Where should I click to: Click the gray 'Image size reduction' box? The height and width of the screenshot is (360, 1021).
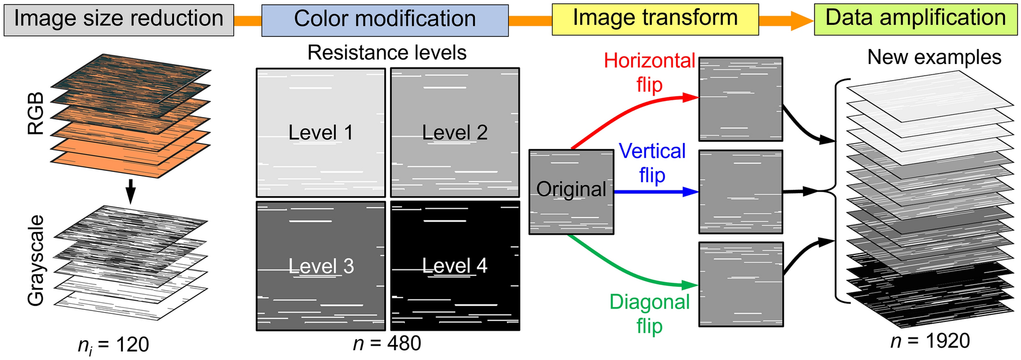pos(118,20)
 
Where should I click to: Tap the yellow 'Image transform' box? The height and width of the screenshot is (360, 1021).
pos(655,18)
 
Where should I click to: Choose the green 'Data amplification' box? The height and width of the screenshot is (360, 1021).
pos(915,18)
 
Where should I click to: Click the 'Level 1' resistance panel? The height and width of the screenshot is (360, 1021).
pos(321,133)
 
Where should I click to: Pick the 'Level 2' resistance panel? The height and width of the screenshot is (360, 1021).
pos(455,133)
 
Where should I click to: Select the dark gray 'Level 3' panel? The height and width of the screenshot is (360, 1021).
pos(321,266)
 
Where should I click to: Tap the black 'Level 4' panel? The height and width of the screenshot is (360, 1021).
pos(455,266)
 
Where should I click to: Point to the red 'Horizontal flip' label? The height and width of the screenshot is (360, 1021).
pos(649,73)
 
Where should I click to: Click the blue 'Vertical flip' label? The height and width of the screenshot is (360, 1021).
pos(652,163)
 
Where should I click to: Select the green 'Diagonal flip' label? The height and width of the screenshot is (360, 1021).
pos(650,314)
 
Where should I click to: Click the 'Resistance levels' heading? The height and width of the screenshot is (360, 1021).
pos(386,53)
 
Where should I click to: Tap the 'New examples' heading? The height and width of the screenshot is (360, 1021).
pos(934,57)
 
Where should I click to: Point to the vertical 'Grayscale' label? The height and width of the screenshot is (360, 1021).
pos(36,260)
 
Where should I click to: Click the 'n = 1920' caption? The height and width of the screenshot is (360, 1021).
pos(930,341)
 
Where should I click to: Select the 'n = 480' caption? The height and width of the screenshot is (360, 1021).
pos(386,343)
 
